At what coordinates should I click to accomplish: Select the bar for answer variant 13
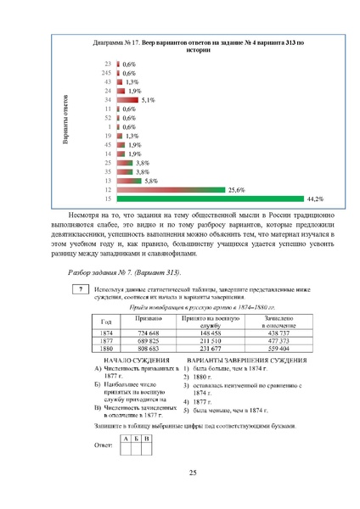point(127,180)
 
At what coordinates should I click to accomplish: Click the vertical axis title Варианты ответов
point(66,127)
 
